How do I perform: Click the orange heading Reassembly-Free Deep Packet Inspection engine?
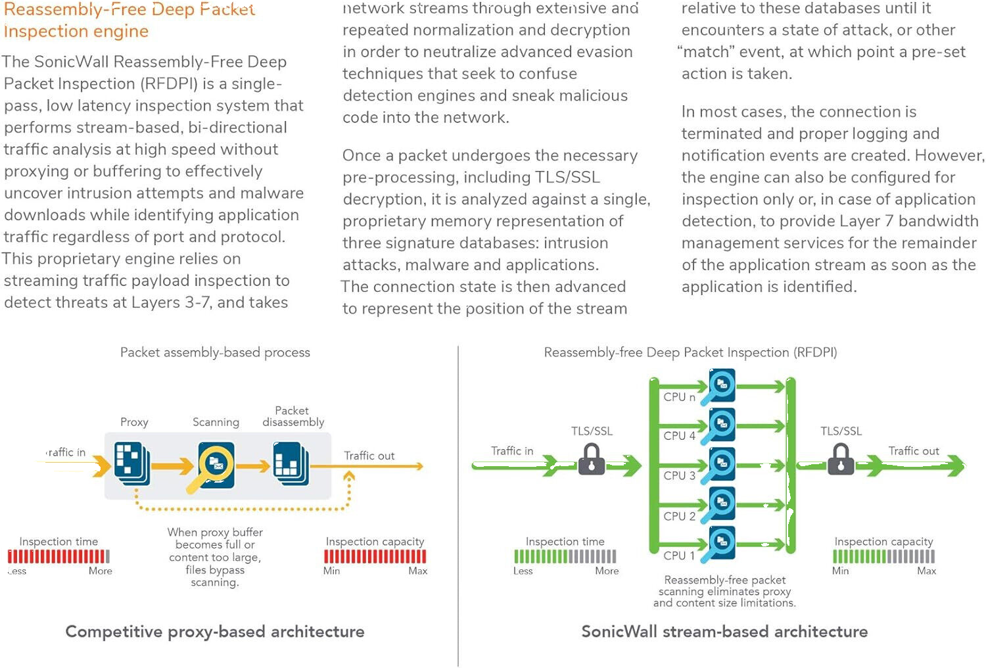tap(128, 20)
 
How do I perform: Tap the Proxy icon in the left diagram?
tap(132, 463)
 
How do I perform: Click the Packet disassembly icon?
tap(291, 463)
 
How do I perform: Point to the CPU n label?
tap(679, 397)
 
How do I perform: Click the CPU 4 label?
tap(679, 436)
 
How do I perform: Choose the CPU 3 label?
tap(679, 475)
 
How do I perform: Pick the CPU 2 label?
tap(679, 516)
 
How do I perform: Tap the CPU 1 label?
tap(679, 556)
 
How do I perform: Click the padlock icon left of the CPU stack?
tap(592, 460)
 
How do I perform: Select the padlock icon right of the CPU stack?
tap(841, 460)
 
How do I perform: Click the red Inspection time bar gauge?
tap(59, 556)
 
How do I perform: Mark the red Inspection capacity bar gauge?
tap(375, 556)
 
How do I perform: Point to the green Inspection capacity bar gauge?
tap(883, 556)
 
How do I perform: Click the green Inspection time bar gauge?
tap(565, 556)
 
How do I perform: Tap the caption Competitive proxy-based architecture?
tap(215, 632)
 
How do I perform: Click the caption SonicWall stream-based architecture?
tap(724, 632)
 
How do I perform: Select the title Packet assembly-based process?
tap(215, 352)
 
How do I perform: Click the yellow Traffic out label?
tap(369, 456)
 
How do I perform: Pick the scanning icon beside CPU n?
tap(720, 386)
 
